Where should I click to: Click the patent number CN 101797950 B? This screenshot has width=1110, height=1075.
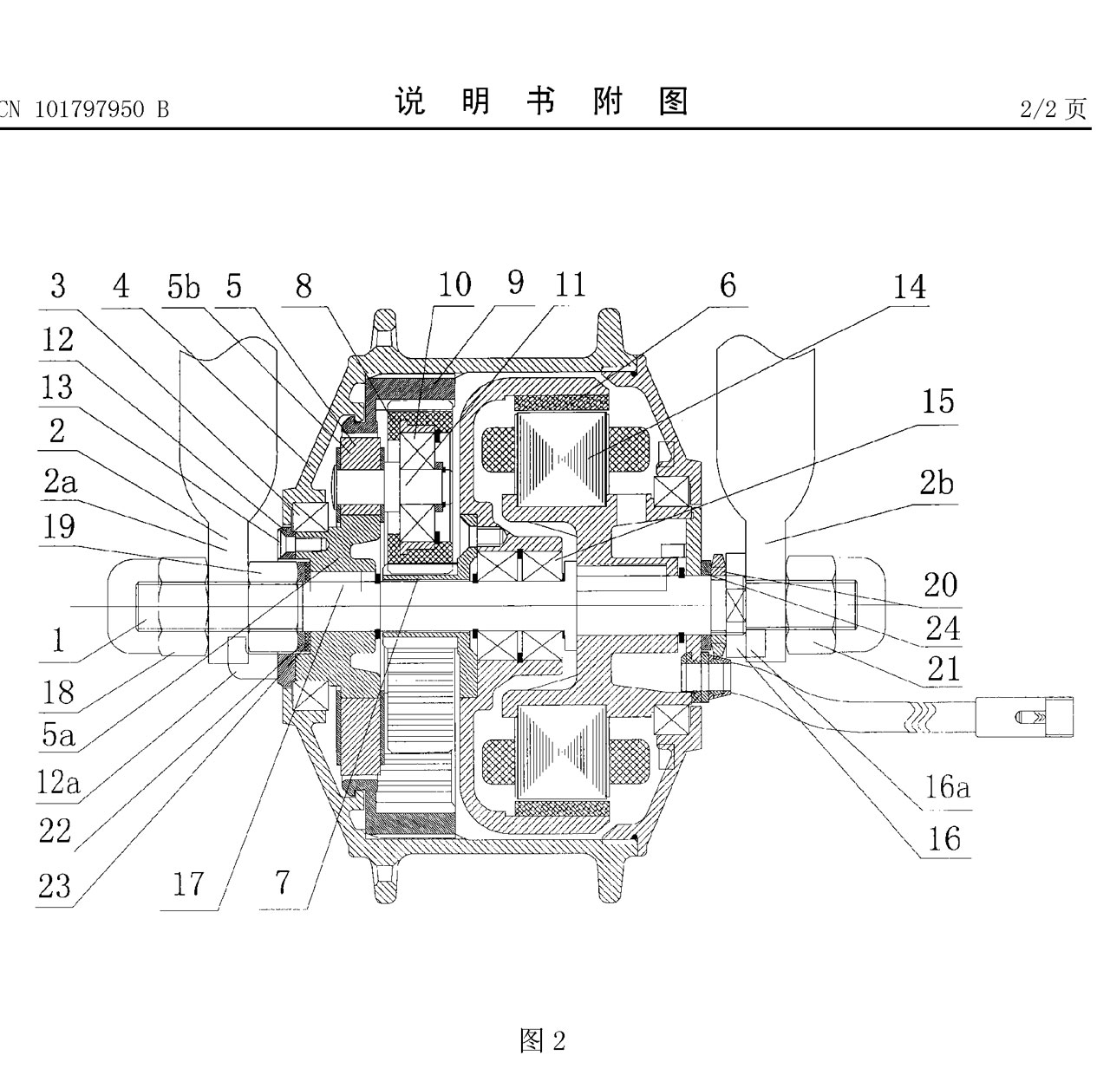click(84, 109)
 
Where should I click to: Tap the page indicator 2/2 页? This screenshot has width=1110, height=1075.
click(1052, 109)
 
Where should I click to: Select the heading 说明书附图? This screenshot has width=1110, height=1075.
click(542, 102)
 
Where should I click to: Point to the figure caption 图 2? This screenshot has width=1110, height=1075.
click(542, 1039)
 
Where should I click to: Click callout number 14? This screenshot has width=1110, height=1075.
click(910, 287)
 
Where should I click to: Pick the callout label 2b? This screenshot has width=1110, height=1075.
click(936, 482)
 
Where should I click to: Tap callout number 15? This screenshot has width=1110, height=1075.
click(937, 401)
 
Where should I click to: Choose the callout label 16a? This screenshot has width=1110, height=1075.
click(947, 787)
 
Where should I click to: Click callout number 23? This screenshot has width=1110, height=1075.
click(54, 886)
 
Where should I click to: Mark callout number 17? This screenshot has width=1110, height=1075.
click(188, 884)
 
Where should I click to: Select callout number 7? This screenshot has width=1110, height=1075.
click(282, 883)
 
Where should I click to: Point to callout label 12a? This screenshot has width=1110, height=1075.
click(58, 783)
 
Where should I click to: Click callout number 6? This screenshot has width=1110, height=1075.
click(728, 284)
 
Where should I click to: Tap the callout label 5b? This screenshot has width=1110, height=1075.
click(183, 286)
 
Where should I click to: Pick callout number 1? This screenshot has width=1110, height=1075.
click(57, 640)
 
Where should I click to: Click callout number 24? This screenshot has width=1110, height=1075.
click(943, 628)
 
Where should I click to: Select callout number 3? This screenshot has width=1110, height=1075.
click(57, 285)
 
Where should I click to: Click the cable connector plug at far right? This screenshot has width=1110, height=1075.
click(1032, 718)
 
